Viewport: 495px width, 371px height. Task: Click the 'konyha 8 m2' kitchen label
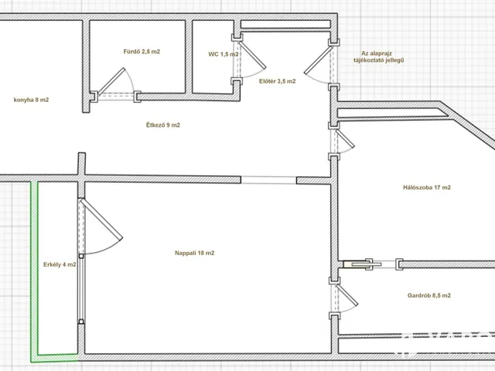click(31, 100)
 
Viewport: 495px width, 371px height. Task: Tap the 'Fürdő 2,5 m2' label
click(142, 52)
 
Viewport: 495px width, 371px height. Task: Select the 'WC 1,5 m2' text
click(224, 54)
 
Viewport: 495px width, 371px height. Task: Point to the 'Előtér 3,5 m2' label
click(278, 81)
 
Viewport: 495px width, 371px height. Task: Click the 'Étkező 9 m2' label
click(163, 125)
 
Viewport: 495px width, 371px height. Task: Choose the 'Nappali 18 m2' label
click(194, 253)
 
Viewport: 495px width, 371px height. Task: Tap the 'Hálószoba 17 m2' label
click(427, 187)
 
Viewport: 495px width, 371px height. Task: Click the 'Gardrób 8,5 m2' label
click(429, 295)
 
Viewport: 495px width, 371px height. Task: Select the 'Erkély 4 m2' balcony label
click(60, 264)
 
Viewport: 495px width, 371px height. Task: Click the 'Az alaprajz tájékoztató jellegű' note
click(378, 56)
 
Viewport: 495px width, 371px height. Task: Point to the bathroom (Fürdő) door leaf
click(111, 81)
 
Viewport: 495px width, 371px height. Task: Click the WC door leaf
click(252, 54)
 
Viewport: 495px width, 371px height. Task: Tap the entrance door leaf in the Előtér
click(318, 60)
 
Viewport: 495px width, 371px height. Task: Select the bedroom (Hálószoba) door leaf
click(345, 138)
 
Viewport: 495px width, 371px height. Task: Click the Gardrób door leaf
click(347, 295)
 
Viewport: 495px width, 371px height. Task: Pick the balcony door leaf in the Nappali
click(101, 220)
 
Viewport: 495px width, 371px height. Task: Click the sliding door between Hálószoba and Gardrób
click(363, 264)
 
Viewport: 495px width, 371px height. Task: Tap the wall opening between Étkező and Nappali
click(268, 180)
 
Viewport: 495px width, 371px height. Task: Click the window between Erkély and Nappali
click(81, 288)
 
